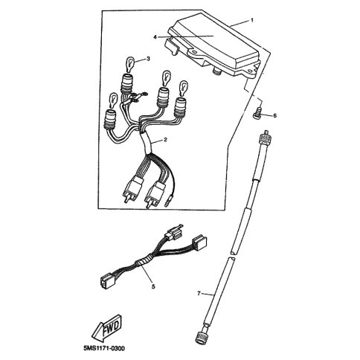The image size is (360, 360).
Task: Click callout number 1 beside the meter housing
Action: [x=252, y=20]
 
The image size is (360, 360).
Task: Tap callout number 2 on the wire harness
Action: [x=165, y=140]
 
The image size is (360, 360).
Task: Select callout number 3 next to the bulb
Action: [x=148, y=59]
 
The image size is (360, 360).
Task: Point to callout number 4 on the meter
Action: [x=155, y=37]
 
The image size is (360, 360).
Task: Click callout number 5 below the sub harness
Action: [x=153, y=286]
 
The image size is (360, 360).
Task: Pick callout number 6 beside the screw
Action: [x=274, y=116]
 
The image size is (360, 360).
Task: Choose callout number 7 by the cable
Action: [x=199, y=293]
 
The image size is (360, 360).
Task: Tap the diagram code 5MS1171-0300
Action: [x=104, y=348]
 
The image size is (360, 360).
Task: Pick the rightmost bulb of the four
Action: [x=183, y=87]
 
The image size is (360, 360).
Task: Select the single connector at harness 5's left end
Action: [x=105, y=282]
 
